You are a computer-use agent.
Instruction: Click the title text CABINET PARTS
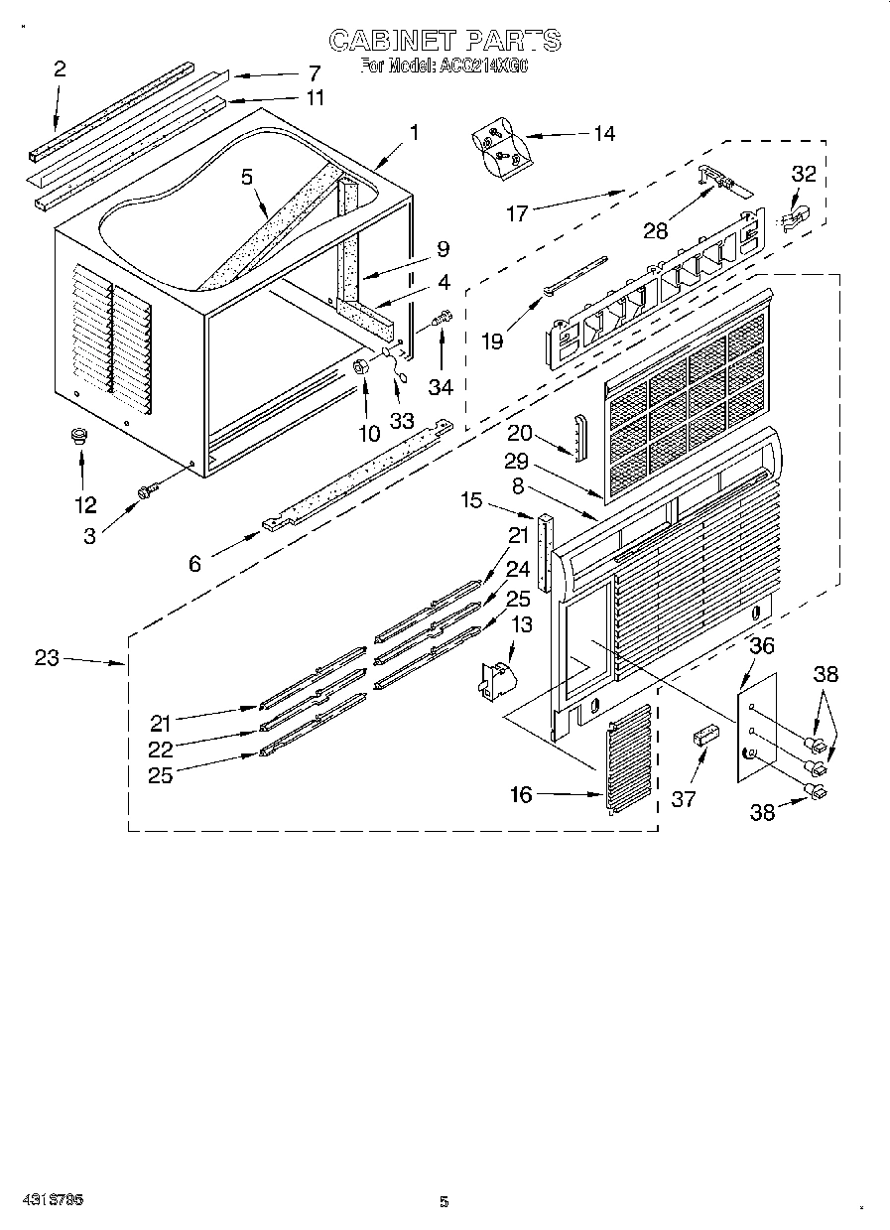click(x=444, y=40)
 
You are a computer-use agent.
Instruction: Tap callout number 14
click(x=603, y=134)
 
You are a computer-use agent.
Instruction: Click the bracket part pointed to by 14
click(x=499, y=144)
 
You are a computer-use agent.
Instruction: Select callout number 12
click(x=85, y=504)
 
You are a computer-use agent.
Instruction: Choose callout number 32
click(x=803, y=174)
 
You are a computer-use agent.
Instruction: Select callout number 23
click(x=47, y=657)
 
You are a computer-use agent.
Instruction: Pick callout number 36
click(x=761, y=645)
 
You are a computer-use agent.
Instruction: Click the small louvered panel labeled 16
click(x=628, y=759)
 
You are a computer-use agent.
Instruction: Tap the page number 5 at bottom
click(x=444, y=1202)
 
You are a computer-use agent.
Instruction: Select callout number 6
click(x=194, y=563)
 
